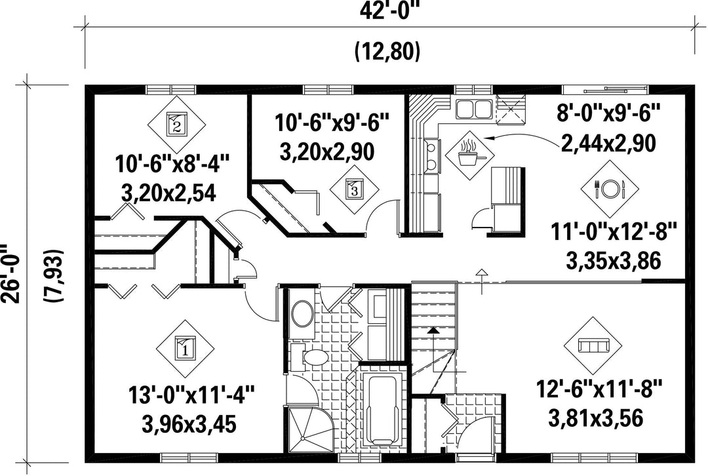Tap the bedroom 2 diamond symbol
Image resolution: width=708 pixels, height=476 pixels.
click(176, 124)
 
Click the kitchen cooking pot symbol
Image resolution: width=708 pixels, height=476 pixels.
click(469, 153)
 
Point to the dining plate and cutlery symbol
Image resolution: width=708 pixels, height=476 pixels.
click(610, 188)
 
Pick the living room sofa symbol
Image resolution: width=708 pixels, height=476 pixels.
click(593, 346)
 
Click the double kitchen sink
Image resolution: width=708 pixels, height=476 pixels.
click(473, 108)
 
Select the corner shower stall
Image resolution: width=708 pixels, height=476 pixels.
click(310, 429)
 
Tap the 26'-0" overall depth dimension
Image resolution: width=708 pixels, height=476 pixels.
click(11, 273)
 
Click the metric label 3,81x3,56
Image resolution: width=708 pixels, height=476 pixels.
click(595, 418)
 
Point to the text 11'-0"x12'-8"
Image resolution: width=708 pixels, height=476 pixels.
click(614, 233)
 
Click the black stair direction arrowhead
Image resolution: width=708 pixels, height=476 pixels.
click(433, 330)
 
